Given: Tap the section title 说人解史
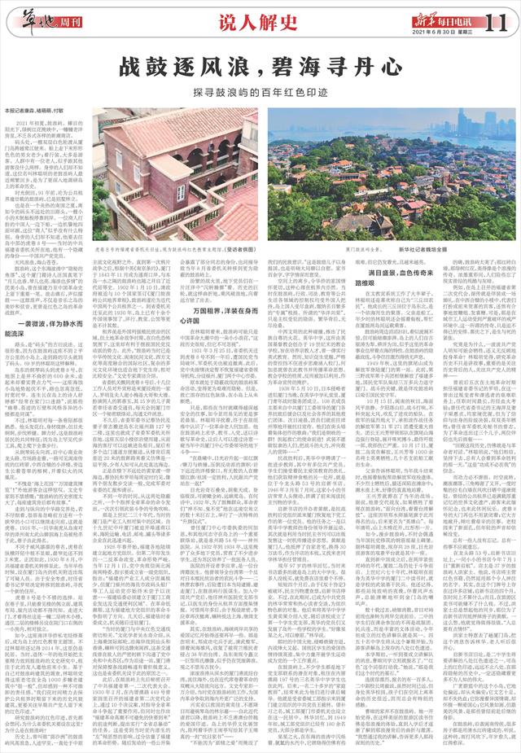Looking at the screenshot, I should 260,18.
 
